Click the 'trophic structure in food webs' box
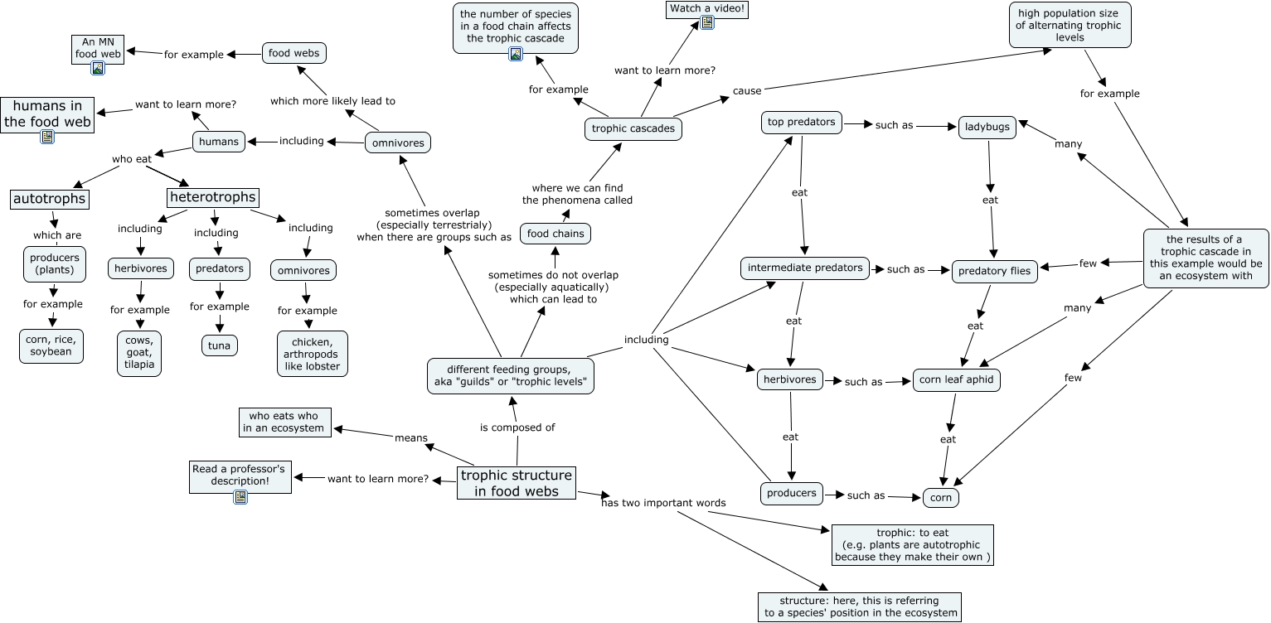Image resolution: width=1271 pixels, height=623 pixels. [x=516, y=483]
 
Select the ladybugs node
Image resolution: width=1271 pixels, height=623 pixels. [x=987, y=127]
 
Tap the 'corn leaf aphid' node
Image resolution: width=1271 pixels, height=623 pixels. [x=957, y=380]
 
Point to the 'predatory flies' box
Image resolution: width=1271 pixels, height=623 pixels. [x=994, y=271]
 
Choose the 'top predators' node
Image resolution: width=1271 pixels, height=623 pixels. [x=801, y=123]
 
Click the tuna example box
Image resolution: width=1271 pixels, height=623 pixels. [x=219, y=345]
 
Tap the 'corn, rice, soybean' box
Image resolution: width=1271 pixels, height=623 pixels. [x=51, y=345]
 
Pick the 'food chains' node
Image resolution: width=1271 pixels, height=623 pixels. [x=555, y=234]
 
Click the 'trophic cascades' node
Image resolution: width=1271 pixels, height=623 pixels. [x=633, y=128]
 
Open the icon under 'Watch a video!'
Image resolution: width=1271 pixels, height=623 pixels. [x=707, y=23]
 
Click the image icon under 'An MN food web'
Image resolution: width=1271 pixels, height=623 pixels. [x=98, y=68]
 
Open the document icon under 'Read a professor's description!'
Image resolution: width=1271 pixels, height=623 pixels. [x=240, y=496]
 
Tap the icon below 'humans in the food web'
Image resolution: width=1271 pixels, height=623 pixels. [x=47, y=137]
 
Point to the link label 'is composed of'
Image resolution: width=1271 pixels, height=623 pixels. [x=517, y=427]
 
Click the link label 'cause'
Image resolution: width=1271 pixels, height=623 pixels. [x=746, y=90]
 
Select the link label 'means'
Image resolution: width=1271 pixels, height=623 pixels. [x=410, y=437]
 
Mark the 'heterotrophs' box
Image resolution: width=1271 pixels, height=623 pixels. [x=212, y=198]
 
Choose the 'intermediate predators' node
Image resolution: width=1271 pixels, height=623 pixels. [x=805, y=268]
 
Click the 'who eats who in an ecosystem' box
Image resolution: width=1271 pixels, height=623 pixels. [x=284, y=422]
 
